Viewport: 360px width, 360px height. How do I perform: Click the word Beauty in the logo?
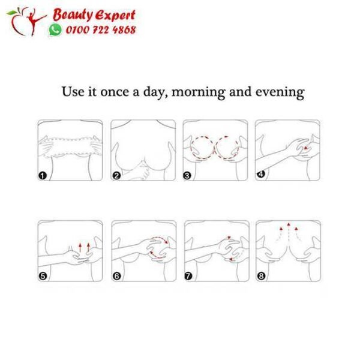click(70, 15)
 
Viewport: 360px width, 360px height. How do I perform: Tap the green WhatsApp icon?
click(56, 29)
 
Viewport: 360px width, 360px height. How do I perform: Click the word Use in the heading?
click(74, 92)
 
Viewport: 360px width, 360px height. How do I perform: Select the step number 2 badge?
click(116, 176)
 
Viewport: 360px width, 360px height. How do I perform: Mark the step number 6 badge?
click(116, 277)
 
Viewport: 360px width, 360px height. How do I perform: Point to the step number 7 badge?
click(188, 277)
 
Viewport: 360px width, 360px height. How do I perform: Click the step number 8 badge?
click(260, 277)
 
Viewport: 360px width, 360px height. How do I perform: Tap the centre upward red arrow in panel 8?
click(289, 227)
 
